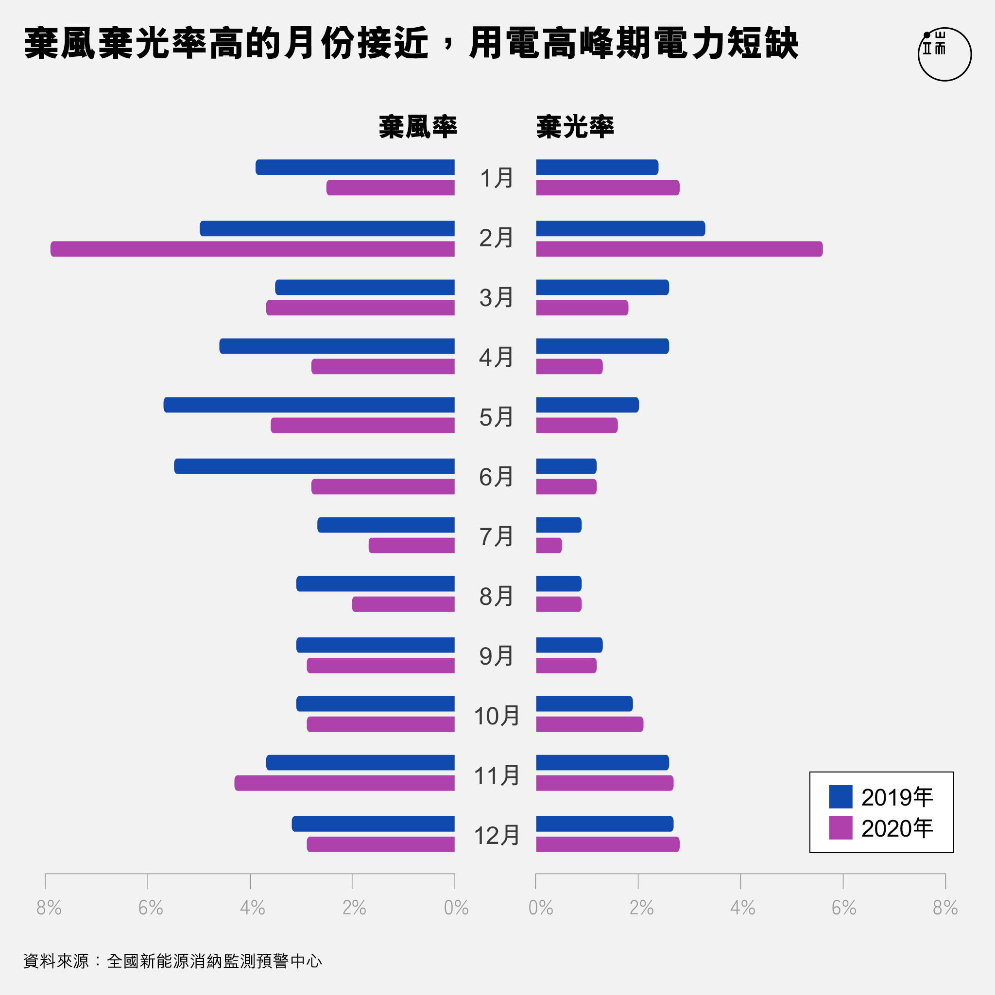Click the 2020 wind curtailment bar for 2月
pyautogui.click(x=252, y=249)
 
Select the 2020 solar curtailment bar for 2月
pyautogui.click(x=679, y=249)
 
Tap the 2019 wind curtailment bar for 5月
pyautogui.click(x=309, y=405)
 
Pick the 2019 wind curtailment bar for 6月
pyautogui.click(x=314, y=466)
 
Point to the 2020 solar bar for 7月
pyautogui.click(x=549, y=546)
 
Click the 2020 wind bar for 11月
pyautogui.click(x=344, y=783)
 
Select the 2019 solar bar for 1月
pyautogui.click(x=597, y=168)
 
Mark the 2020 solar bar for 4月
pyautogui.click(x=569, y=367)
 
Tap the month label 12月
pyautogui.click(x=496, y=835)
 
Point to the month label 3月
pyautogui.click(x=496, y=298)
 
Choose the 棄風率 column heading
pyautogui.click(x=418, y=127)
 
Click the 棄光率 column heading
pyautogui.click(x=575, y=127)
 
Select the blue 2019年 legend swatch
pyautogui.click(x=841, y=797)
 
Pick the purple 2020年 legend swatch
pyautogui.click(x=841, y=828)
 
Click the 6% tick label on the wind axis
pyautogui.click(x=151, y=908)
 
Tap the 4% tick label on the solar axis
pyautogui.click(x=742, y=908)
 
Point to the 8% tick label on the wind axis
pyautogui.click(x=49, y=908)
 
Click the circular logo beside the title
pyautogui.click(x=944, y=54)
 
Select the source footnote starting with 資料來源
pyautogui.click(x=172, y=961)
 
